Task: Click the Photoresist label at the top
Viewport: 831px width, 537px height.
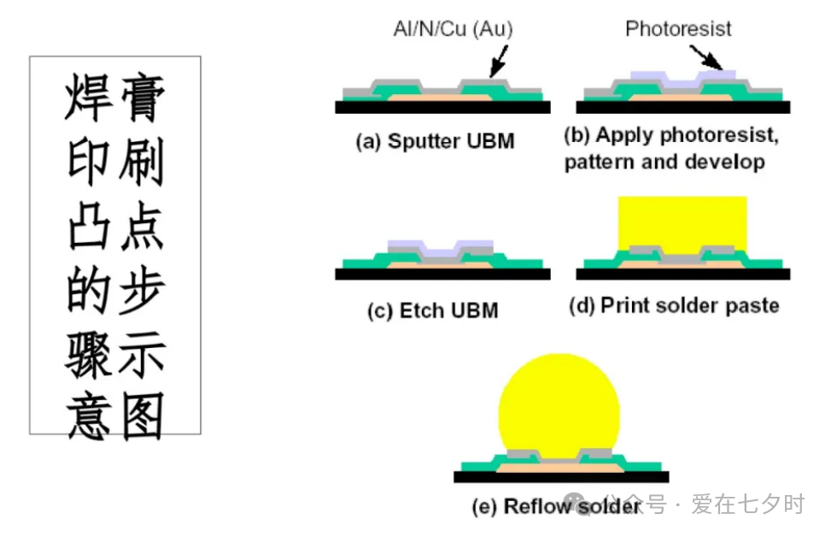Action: pyautogui.click(x=678, y=28)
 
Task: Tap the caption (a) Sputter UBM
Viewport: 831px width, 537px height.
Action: pyautogui.click(x=435, y=141)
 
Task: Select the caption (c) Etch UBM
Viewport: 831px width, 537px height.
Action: pyautogui.click(x=432, y=310)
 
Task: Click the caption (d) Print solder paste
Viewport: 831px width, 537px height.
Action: pyautogui.click(x=674, y=304)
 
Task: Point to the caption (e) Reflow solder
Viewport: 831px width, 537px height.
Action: pyautogui.click(x=556, y=506)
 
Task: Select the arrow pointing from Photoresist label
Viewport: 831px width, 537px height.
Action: pyautogui.click(x=709, y=56)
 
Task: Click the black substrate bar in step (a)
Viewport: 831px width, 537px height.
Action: pyautogui.click(x=442, y=108)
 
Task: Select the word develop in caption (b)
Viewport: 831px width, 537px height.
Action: pyautogui.click(x=726, y=162)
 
